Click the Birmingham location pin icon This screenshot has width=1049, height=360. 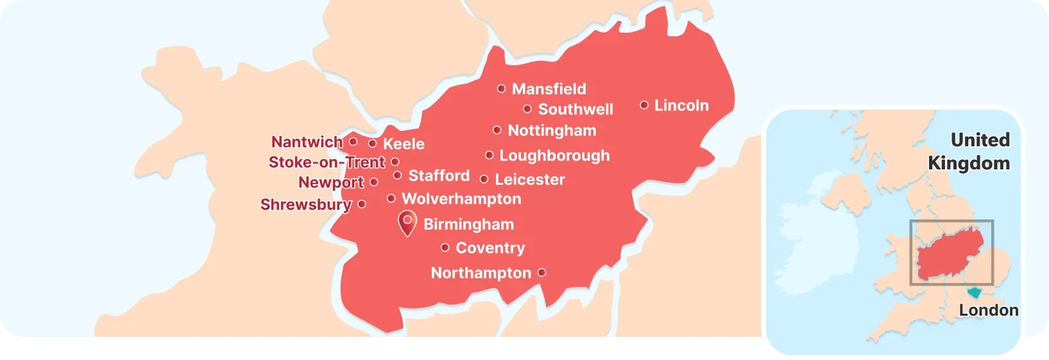click(x=407, y=221)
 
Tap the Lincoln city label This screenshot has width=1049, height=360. click(x=681, y=105)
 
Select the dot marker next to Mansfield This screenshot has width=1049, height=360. click(x=501, y=89)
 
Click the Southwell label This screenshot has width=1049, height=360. click(x=576, y=109)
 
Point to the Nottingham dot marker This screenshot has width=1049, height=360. click(x=497, y=130)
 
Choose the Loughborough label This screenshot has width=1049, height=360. click(x=554, y=155)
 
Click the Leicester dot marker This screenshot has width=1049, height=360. click(x=484, y=179)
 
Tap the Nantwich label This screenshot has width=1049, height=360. click(x=307, y=142)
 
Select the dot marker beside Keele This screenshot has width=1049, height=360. click(x=372, y=143)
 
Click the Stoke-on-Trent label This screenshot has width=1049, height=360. click(x=327, y=162)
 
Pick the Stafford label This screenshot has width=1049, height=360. click(x=439, y=175)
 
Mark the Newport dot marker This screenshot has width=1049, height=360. click(x=374, y=182)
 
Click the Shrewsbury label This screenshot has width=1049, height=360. click(x=305, y=205)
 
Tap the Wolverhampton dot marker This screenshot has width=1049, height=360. click(x=391, y=198)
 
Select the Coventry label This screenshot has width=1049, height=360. click(x=490, y=248)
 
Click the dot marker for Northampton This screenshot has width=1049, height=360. click(x=542, y=273)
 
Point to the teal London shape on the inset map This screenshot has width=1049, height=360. click(x=975, y=293)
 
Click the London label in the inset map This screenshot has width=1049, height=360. click(x=988, y=311)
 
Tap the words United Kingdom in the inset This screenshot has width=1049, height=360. click(x=969, y=151)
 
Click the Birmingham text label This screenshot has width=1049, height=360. click(x=468, y=224)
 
